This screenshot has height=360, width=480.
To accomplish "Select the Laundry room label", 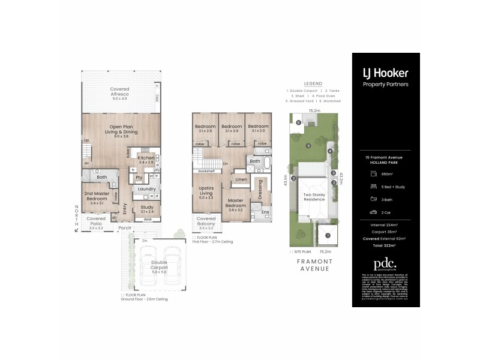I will tap(146, 189).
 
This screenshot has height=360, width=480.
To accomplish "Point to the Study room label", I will tap(146, 208).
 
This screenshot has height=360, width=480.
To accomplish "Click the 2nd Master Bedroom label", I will tap(97, 197).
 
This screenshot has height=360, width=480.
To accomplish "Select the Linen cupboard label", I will tap(242, 179).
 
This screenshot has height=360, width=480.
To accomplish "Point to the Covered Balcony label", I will tap(206, 221).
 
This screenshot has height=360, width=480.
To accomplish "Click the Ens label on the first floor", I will tap(265, 212).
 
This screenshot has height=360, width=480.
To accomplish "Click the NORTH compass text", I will tap(76, 217).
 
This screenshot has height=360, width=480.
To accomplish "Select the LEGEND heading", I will tap(313, 83).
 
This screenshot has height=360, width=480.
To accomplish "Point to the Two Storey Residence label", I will tap(315, 197).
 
